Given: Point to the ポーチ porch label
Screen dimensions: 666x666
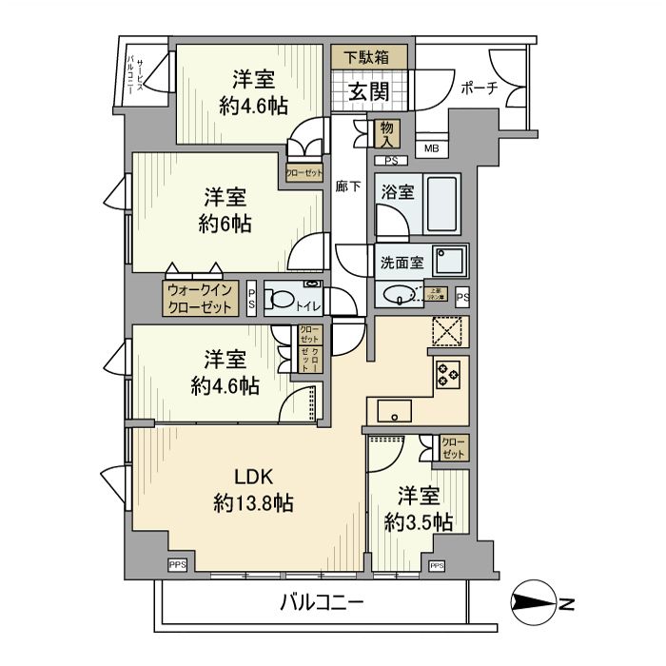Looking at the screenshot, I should click(x=478, y=89).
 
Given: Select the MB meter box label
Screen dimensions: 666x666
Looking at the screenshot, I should click(x=431, y=148).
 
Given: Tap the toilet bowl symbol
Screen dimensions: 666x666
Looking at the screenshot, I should click(x=280, y=302).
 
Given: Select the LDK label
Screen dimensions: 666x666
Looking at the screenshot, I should click(x=252, y=477).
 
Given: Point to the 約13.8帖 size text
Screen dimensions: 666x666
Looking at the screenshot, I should click(x=252, y=503).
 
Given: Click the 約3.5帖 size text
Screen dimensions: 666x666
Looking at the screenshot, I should click(x=418, y=521).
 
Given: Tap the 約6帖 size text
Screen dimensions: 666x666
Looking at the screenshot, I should click(x=225, y=225).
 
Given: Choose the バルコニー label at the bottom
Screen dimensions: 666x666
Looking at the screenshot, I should click(x=322, y=602).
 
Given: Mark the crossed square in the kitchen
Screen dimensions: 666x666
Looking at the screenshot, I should click(x=446, y=332).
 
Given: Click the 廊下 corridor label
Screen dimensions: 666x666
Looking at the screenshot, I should click(x=348, y=186).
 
